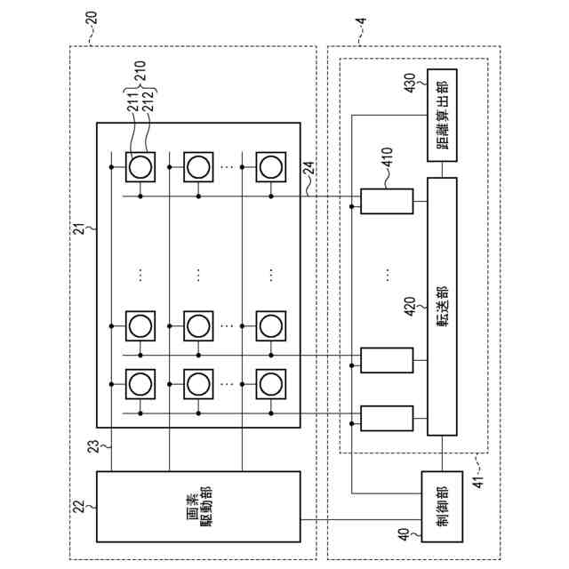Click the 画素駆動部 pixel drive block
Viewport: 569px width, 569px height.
[197, 505]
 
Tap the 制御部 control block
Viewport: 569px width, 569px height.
[442, 505]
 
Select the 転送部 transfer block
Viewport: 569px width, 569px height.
[442, 306]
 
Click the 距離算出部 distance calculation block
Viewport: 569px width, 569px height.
[442, 114]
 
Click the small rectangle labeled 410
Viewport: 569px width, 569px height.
[387, 202]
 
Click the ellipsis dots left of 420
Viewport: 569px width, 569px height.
[387, 274]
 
